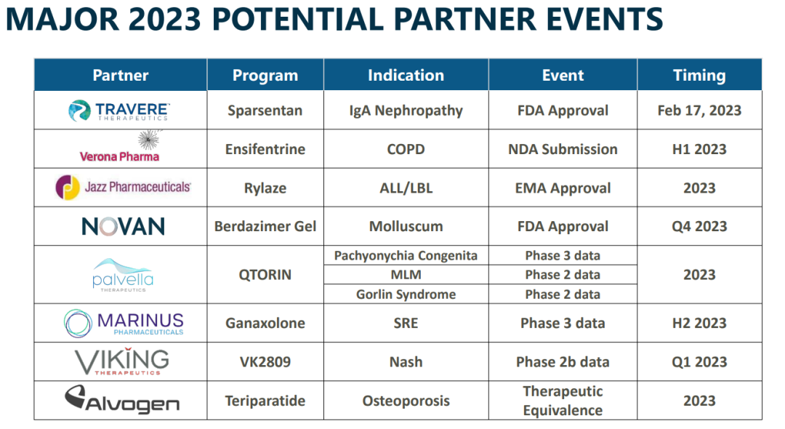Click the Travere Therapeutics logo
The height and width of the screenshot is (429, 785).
coord(119,111)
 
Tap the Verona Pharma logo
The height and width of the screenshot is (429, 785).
coord(120,147)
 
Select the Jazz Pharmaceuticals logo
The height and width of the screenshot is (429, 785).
coord(123,187)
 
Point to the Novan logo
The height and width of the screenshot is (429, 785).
coord(123,227)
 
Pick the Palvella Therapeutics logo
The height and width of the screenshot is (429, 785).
coord(123,275)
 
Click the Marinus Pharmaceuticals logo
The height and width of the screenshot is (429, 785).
coord(124,323)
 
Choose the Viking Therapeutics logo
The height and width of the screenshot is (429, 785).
coord(122,361)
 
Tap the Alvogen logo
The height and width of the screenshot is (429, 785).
coord(122,399)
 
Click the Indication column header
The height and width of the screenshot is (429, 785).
coord(406,75)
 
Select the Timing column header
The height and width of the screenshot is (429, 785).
coord(699,75)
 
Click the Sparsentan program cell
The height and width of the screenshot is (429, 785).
coord(265,111)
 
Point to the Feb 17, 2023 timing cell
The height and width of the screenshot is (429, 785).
coord(699,111)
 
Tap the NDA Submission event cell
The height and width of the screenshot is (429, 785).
coord(563,149)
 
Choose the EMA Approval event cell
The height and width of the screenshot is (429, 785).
coord(563,188)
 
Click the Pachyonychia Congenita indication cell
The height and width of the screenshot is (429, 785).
coord(406,256)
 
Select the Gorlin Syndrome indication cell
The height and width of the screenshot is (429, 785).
coord(406,294)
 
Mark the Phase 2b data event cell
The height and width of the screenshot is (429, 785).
coord(563,362)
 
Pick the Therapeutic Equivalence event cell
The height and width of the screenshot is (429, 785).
coord(563,401)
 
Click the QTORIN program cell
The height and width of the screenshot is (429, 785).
coord(265,275)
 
